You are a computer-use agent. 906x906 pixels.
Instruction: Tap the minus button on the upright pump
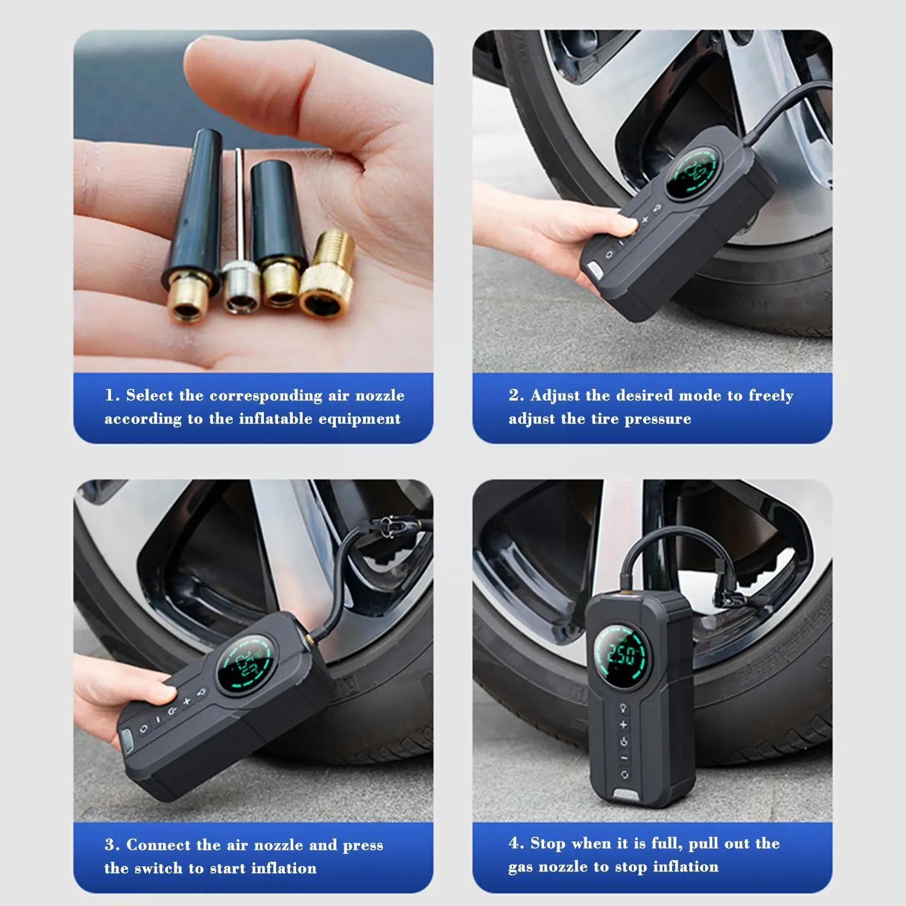624,758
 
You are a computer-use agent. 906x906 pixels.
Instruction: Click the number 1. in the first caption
112,395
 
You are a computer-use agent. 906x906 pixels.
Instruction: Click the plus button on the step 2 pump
644,220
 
